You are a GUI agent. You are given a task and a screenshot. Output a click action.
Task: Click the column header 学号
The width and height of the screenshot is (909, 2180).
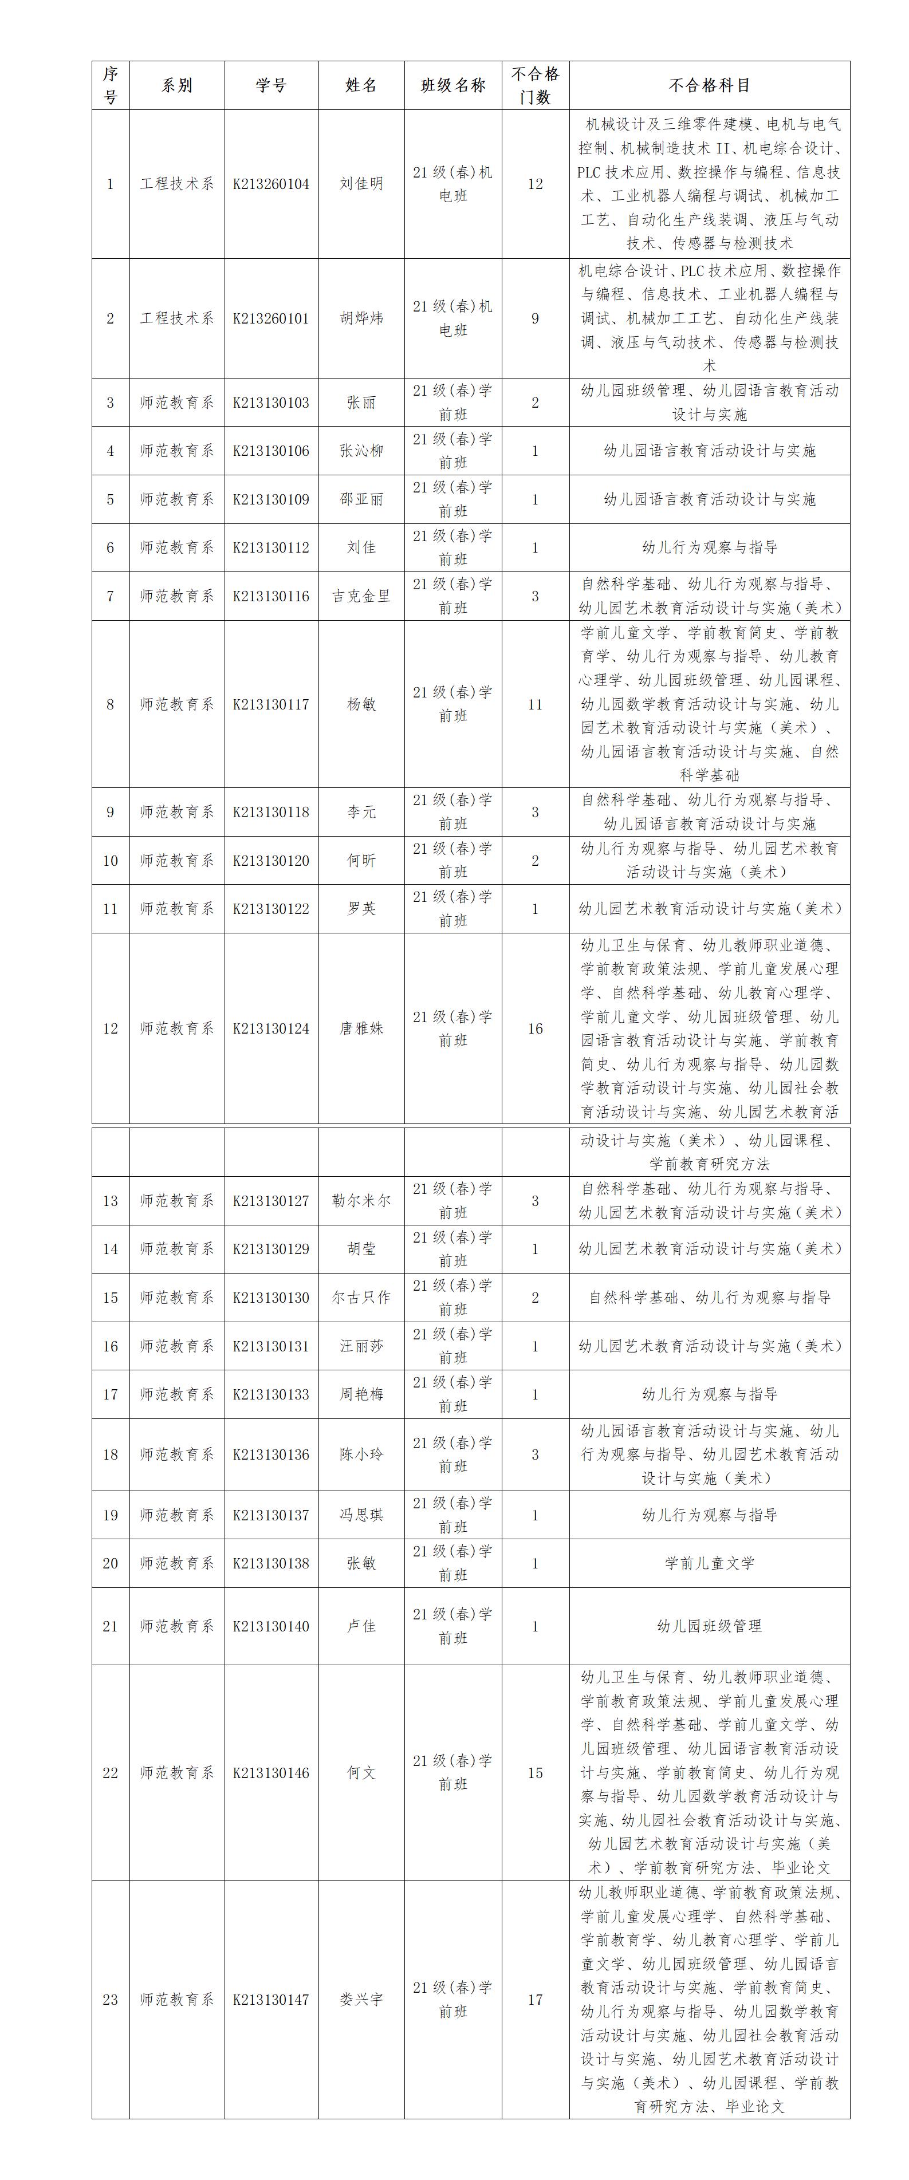point(271,85)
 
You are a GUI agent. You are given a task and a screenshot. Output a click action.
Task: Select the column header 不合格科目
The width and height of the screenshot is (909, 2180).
point(709,85)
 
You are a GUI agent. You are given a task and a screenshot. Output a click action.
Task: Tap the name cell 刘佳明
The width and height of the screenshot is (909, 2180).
point(361,184)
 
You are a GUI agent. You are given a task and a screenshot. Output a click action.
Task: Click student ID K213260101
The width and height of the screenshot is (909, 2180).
point(271,318)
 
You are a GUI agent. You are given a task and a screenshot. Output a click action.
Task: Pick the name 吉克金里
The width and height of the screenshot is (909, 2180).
point(361,596)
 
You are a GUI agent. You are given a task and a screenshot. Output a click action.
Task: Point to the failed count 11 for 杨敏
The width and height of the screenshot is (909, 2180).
point(535,704)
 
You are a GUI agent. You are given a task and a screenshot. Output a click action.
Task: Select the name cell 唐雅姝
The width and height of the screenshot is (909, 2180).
point(361,1028)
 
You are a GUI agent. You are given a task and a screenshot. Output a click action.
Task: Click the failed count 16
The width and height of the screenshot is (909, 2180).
point(535,1028)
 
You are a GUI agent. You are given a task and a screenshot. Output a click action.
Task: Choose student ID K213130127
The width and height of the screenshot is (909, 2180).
point(271,1201)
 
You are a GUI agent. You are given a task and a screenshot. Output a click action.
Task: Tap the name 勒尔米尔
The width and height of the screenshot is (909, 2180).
point(361,1201)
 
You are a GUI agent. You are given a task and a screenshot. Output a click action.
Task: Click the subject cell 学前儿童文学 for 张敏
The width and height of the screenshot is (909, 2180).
point(709,1563)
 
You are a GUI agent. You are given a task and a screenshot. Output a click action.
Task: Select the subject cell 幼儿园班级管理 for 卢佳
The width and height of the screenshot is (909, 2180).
point(709,1626)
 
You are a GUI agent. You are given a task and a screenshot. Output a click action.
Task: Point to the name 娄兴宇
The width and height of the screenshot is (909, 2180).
point(361,1999)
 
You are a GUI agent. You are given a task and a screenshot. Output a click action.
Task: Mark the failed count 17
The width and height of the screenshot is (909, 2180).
point(535,1999)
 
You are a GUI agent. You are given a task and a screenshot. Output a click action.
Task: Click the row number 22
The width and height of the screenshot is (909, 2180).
point(110,1772)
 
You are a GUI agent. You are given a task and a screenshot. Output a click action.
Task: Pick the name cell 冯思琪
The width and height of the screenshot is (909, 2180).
point(361,1515)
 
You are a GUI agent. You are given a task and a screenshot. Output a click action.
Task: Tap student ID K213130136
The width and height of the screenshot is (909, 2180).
point(271,1454)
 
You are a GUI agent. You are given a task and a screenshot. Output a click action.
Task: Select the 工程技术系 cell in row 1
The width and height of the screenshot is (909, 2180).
point(177,184)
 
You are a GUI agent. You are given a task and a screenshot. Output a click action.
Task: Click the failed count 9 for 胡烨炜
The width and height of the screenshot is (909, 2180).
point(535,318)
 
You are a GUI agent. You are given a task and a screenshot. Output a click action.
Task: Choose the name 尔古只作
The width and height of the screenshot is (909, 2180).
point(361,1298)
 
